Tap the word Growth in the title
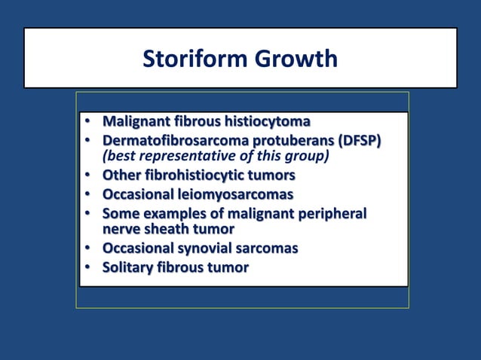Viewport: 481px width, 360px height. pos(296,59)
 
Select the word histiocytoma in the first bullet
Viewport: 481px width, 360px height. pos(265,121)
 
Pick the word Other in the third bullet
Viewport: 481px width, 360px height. pos(121,175)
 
